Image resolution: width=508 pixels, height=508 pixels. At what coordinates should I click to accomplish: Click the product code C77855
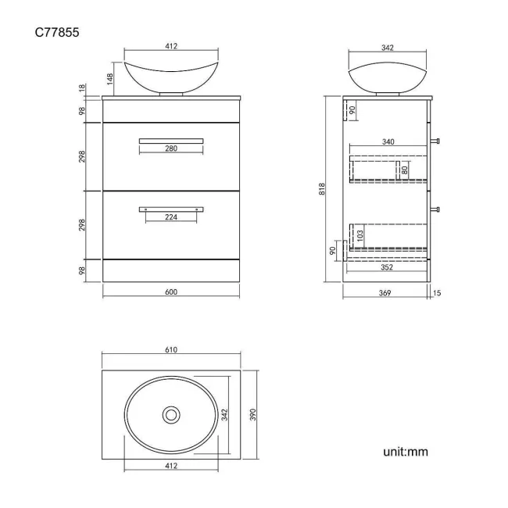point(57,32)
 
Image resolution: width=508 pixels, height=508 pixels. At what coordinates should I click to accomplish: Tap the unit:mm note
point(405,451)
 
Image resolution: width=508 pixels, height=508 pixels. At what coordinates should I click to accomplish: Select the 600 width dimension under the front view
point(171,292)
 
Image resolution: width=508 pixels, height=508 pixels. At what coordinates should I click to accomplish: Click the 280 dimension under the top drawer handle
point(171,148)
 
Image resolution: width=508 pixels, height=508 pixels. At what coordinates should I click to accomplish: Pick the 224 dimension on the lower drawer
point(171,217)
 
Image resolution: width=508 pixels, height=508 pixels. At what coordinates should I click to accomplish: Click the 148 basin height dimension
point(111,78)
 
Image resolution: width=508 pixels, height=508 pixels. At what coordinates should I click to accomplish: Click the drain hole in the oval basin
point(171,414)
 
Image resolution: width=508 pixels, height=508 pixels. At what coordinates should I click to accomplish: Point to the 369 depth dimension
point(386,292)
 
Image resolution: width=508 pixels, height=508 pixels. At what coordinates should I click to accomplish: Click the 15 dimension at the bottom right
point(436,292)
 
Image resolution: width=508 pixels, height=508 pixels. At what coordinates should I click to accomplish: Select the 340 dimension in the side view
point(388,142)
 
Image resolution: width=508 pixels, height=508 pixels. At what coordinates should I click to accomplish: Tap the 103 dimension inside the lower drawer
point(360,234)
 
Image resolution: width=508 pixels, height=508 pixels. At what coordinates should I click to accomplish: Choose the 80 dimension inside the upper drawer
point(405,169)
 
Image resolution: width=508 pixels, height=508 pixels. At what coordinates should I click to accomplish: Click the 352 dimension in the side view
point(387,267)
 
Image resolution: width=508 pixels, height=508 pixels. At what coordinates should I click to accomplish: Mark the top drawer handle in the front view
point(171,140)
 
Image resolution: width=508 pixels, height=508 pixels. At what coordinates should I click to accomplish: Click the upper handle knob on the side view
point(437,141)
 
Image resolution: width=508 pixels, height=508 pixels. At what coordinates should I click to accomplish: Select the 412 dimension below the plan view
point(171,466)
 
